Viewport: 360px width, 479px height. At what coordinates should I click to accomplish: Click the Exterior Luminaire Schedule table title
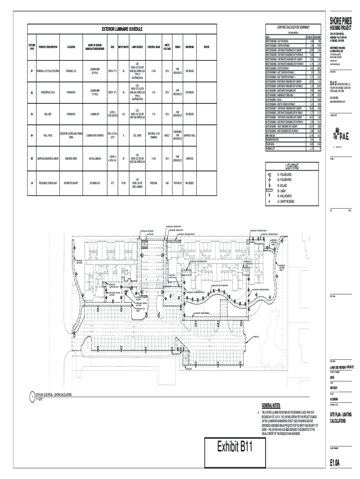point(119,29)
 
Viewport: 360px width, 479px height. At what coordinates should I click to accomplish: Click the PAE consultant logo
point(342,136)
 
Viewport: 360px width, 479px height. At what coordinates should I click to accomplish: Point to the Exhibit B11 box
point(235,450)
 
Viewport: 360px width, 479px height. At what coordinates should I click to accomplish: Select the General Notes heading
point(271,405)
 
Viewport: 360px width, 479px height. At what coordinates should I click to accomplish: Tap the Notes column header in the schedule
point(207,47)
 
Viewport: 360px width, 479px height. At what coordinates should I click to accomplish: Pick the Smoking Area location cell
point(72,159)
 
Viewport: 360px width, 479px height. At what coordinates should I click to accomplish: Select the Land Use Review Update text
point(344,367)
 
